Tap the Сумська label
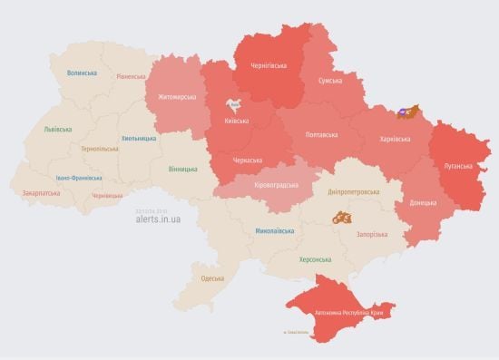click(329, 82)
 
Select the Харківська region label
click(395, 139)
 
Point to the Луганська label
click(458, 166)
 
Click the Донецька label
click(422, 202)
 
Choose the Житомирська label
click(177, 96)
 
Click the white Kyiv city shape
click(236, 104)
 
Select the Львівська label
click(58, 129)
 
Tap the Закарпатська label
click(42, 193)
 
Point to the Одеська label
click(212, 278)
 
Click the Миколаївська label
click(274, 230)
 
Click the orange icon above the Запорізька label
click(342, 218)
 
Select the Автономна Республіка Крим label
click(354, 314)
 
